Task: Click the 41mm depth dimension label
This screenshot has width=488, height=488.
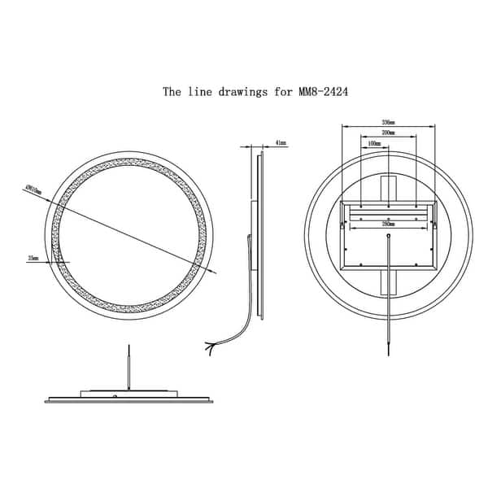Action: point(281,142)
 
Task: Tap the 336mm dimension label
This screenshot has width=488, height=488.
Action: point(388,120)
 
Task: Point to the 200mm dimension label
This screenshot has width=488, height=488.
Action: point(388,132)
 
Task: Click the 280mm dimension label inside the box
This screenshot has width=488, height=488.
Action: point(388,222)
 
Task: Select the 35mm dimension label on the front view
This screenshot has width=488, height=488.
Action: point(33,257)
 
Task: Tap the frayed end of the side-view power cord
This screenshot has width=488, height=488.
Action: point(211,346)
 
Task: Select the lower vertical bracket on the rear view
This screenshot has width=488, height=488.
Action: point(388,284)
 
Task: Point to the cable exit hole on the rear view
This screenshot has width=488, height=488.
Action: point(388,236)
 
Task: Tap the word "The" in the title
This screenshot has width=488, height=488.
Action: point(172,92)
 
